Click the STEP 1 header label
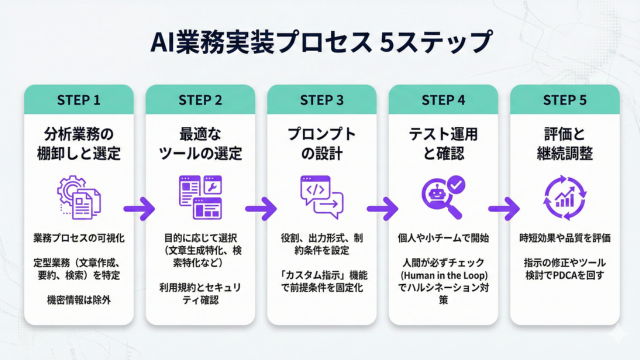(x=79, y=100)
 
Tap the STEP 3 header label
(x=322, y=100)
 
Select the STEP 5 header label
(x=564, y=100)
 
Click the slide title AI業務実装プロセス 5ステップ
(x=321, y=42)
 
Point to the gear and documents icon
(x=79, y=197)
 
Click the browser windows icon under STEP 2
(x=200, y=197)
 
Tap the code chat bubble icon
(x=322, y=197)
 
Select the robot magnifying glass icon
(x=443, y=197)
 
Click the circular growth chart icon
(x=564, y=198)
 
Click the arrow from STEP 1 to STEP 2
(x=139, y=209)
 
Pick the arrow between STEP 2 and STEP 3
(x=261, y=209)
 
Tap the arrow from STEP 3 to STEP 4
(x=382, y=209)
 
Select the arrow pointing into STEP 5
(x=504, y=209)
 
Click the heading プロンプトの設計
(x=322, y=144)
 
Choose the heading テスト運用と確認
(x=443, y=144)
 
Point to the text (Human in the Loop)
(x=443, y=276)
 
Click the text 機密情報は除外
(x=79, y=300)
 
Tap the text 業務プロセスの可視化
(x=79, y=238)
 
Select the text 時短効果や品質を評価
(x=565, y=238)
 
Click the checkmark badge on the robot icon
(x=456, y=184)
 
